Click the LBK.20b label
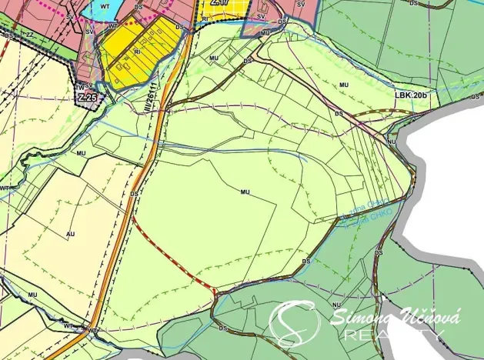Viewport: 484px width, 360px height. tap(411, 95)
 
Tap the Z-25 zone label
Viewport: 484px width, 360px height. tap(86, 98)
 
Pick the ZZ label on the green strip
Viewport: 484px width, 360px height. tap(30, 35)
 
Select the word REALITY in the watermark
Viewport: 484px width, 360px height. tap(393, 335)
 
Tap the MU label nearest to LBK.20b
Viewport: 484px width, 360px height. tap(343, 84)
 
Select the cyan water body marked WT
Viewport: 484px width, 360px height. tap(104, 9)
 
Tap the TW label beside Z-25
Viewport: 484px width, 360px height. tap(78, 85)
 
